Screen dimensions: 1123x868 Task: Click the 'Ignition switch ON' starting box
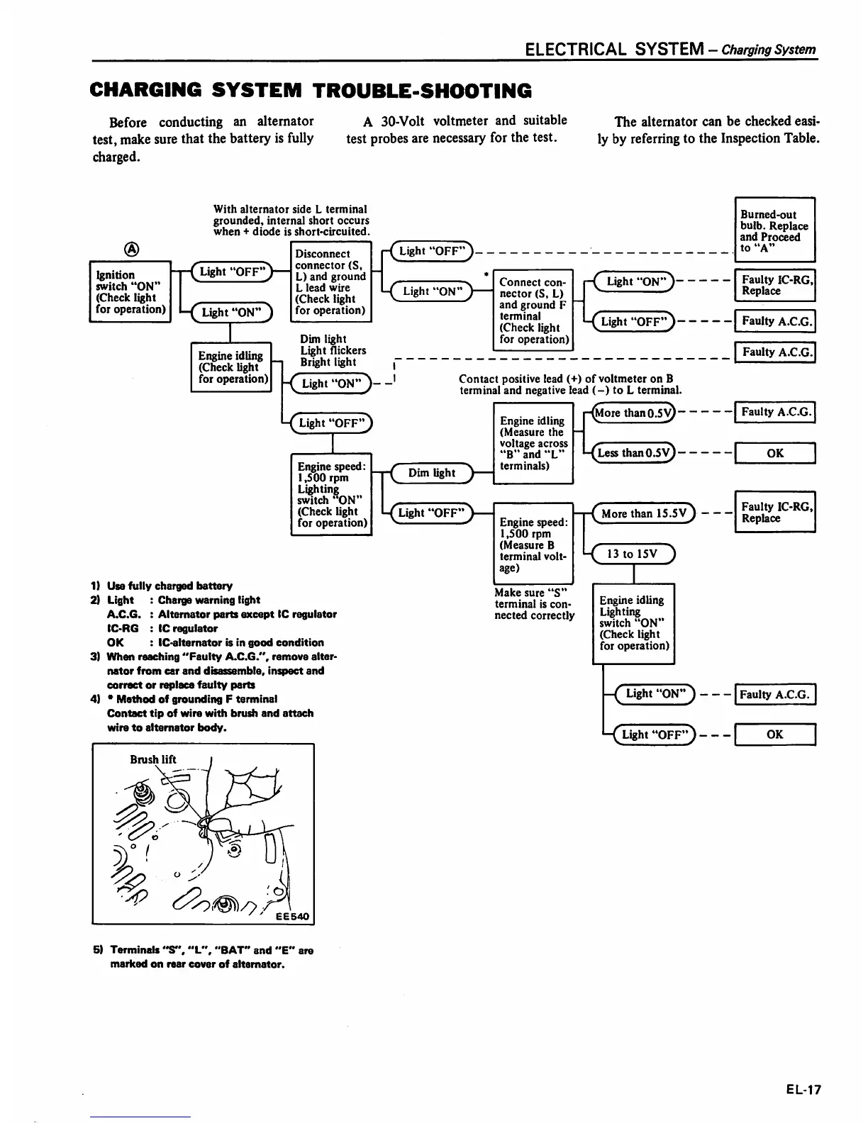pyautogui.click(x=130, y=291)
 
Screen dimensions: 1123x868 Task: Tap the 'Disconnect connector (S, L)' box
pyautogui.click(x=331, y=281)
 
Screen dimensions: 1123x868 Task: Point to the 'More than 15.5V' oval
pyautogui.click(x=644, y=513)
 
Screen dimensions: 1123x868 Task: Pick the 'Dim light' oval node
pyautogui.click(x=432, y=473)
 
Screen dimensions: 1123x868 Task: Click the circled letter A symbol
pyautogui.click(x=131, y=249)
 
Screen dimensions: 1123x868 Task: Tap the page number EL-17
pyautogui.click(x=803, y=1090)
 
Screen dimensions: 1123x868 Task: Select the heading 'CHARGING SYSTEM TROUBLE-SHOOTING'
pyautogui.click(x=311, y=91)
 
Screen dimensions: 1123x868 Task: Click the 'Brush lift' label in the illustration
pyautogui.click(x=153, y=759)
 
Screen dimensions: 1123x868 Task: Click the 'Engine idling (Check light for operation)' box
pyautogui.click(x=231, y=367)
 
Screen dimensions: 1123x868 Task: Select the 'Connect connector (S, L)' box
pyautogui.click(x=533, y=310)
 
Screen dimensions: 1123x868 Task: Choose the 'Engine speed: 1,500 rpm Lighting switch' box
pyautogui.click(x=331, y=494)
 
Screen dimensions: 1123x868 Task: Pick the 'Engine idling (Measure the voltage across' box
pyautogui.click(x=533, y=443)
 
